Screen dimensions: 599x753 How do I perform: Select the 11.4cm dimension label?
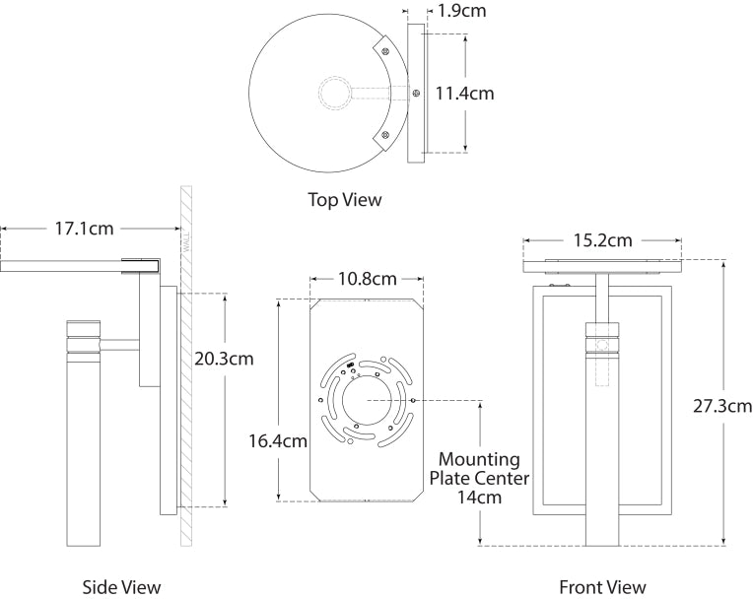465,94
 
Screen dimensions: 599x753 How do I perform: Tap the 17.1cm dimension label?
85,229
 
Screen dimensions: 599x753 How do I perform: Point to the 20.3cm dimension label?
224,358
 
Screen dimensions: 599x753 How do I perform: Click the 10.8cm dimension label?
367,279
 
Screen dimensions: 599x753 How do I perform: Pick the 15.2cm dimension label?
601,240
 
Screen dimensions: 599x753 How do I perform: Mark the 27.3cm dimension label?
723,405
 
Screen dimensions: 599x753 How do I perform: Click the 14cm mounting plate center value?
479,498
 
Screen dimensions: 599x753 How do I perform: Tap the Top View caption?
344,200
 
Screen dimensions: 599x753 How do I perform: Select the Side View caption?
121,588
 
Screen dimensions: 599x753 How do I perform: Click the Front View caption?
602,588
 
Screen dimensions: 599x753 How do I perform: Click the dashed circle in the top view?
333,95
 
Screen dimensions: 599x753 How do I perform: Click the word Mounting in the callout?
479,459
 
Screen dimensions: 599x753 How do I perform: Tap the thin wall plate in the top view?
415,93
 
